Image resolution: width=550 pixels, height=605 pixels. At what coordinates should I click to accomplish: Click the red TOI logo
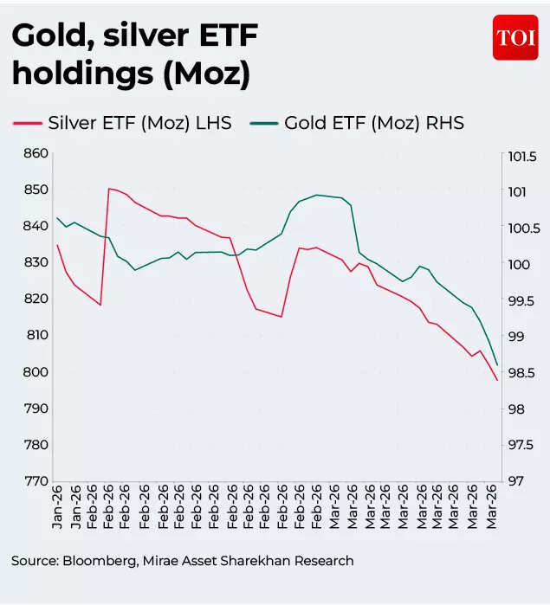pyautogui.click(x=515, y=37)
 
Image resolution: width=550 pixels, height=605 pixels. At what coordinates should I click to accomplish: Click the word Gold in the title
pyautogui.click(x=47, y=35)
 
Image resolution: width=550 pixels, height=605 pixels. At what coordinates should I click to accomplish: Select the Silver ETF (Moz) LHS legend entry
pyautogui.click(x=122, y=123)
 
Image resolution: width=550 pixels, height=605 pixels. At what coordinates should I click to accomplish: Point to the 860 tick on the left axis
pyautogui.click(x=34, y=153)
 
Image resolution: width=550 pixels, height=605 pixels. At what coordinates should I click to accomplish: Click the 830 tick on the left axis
pyautogui.click(x=34, y=262)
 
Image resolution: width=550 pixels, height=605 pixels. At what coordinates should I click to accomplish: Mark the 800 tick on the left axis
pyautogui.click(x=34, y=372)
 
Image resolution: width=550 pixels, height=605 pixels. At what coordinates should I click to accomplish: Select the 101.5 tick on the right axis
pyautogui.click(x=523, y=157)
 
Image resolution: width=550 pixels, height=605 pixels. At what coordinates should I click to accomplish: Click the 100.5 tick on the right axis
pyautogui.click(x=523, y=228)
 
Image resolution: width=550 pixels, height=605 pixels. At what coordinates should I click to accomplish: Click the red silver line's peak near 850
pyautogui.click(x=109, y=188)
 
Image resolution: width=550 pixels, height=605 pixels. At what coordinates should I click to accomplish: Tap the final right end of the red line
pyautogui.click(x=496, y=380)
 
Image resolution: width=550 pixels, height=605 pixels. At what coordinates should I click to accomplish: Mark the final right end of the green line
pyautogui.click(x=496, y=365)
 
